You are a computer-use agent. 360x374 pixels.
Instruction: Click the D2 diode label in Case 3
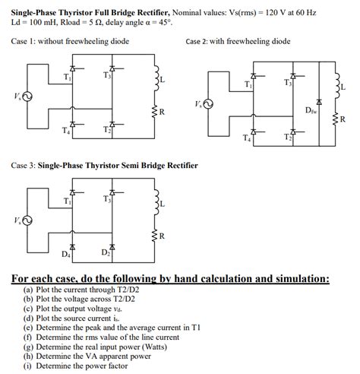(106, 252)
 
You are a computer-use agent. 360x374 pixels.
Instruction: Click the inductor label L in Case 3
(162, 204)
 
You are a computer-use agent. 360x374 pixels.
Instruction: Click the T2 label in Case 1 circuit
(106, 130)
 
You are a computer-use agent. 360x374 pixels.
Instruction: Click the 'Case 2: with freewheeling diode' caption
(238, 41)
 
